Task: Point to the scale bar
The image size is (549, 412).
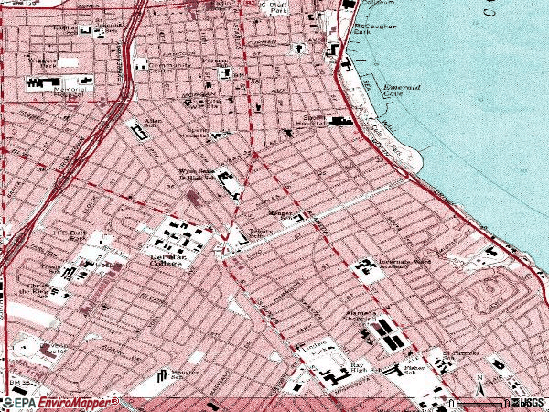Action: point(479,402)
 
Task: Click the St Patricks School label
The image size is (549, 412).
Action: point(455,354)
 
